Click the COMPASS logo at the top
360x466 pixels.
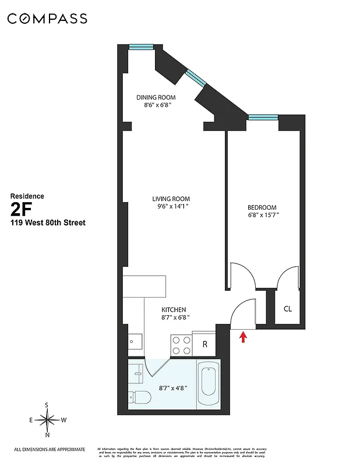(x=47, y=19)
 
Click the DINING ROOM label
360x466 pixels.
(x=156, y=97)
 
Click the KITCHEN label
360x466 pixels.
(x=174, y=309)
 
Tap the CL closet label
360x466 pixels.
(x=287, y=309)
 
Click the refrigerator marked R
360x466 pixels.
(x=204, y=344)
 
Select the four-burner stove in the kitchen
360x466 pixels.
(x=181, y=345)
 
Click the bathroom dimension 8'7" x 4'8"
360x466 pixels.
(x=174, y=387)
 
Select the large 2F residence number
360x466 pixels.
(x=21, y=209)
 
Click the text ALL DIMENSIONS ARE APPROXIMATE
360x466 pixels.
(x=49, y=449)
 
